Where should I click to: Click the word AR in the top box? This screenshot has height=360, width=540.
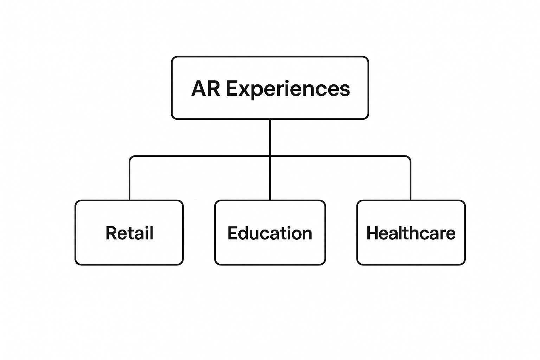(206, 89)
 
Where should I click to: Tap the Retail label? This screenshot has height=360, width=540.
(129, 233)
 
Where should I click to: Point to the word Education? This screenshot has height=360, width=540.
(270, 233)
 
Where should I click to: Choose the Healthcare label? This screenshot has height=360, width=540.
(411, 233)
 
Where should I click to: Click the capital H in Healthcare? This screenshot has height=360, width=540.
(372, 233)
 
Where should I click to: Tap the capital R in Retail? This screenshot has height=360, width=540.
(111, 233)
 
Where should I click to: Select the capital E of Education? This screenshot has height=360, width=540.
(232, 233)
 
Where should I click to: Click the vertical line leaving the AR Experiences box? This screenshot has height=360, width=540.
(270, 137)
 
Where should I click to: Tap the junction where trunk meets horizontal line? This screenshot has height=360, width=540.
(270, 156)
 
